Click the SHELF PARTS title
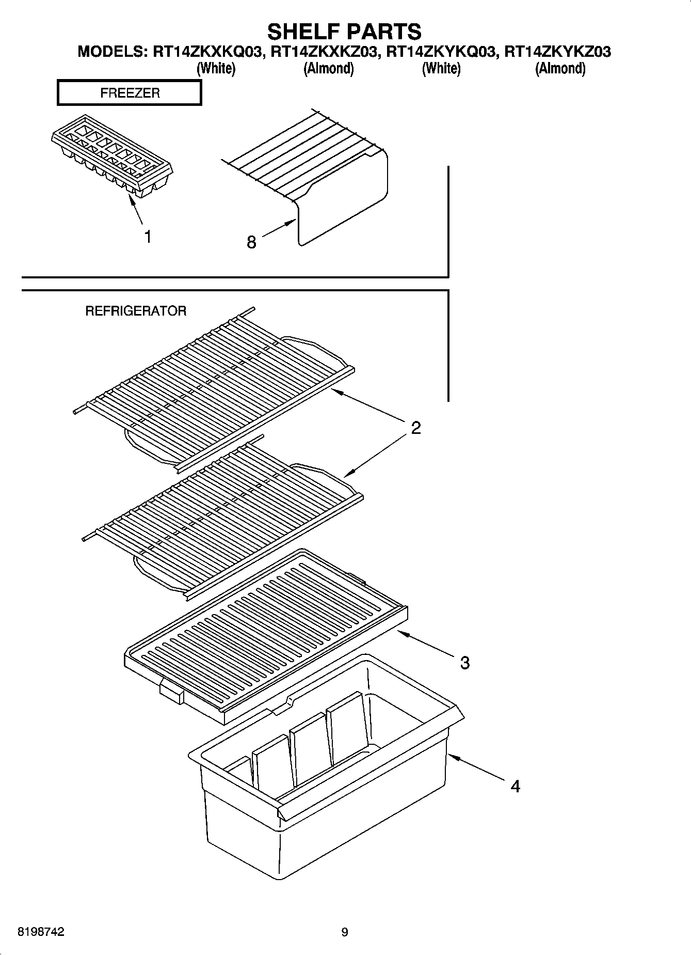(x=344, y=32)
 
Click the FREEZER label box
(x=130, y=93)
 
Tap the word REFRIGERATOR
(x=135, y=311)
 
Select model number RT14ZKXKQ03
(x=207, y=52)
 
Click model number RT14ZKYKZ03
(x=558, y=52)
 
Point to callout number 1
(x=148, y=237)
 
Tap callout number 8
(x=251, y=242)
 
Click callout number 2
(x=416, y=428)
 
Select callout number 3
(x=464, y=663)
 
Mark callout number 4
(x=515, y=786)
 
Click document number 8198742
(x=41, y=932)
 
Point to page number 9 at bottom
(x=345, y=932)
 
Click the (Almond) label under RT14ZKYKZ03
(x=560, y=68)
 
